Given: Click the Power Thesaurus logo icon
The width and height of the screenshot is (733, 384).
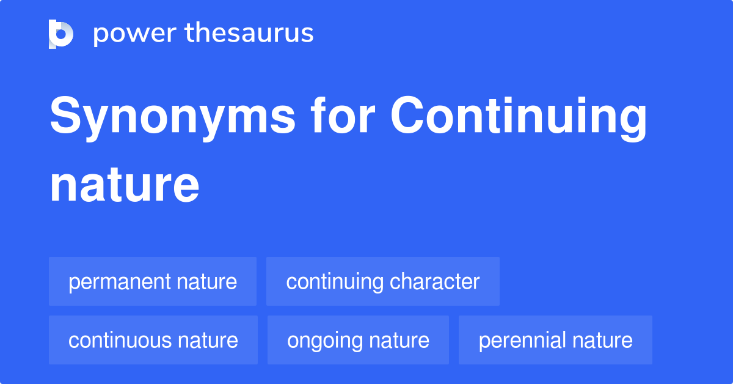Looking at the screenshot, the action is tap(61, 34).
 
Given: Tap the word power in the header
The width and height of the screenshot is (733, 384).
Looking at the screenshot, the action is tap(135, 34).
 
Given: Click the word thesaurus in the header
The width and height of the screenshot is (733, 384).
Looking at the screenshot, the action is tap(249, 32).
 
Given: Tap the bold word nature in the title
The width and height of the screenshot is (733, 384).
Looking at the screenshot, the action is tap(125, 185).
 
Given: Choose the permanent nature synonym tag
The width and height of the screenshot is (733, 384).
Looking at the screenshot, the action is tap(153, 281).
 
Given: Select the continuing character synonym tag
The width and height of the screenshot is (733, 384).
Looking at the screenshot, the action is tap(383, 281).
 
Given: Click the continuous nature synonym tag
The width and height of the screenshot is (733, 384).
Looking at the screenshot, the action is tap(153, 340).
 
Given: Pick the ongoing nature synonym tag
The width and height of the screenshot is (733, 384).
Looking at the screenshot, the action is tap(358, 340).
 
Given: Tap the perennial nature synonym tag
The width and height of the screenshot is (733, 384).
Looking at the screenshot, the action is tap(555, 340).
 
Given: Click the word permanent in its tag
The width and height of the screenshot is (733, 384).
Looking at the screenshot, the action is tap(120, 282).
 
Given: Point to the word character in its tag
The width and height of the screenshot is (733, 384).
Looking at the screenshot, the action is tap(434, 281).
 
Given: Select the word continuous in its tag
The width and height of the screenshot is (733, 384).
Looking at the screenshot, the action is tap(120, 340).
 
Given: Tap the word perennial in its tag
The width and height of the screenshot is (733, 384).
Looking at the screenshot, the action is tap(523, 341).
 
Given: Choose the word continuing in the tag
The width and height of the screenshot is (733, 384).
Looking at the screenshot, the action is tap(335, 282).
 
